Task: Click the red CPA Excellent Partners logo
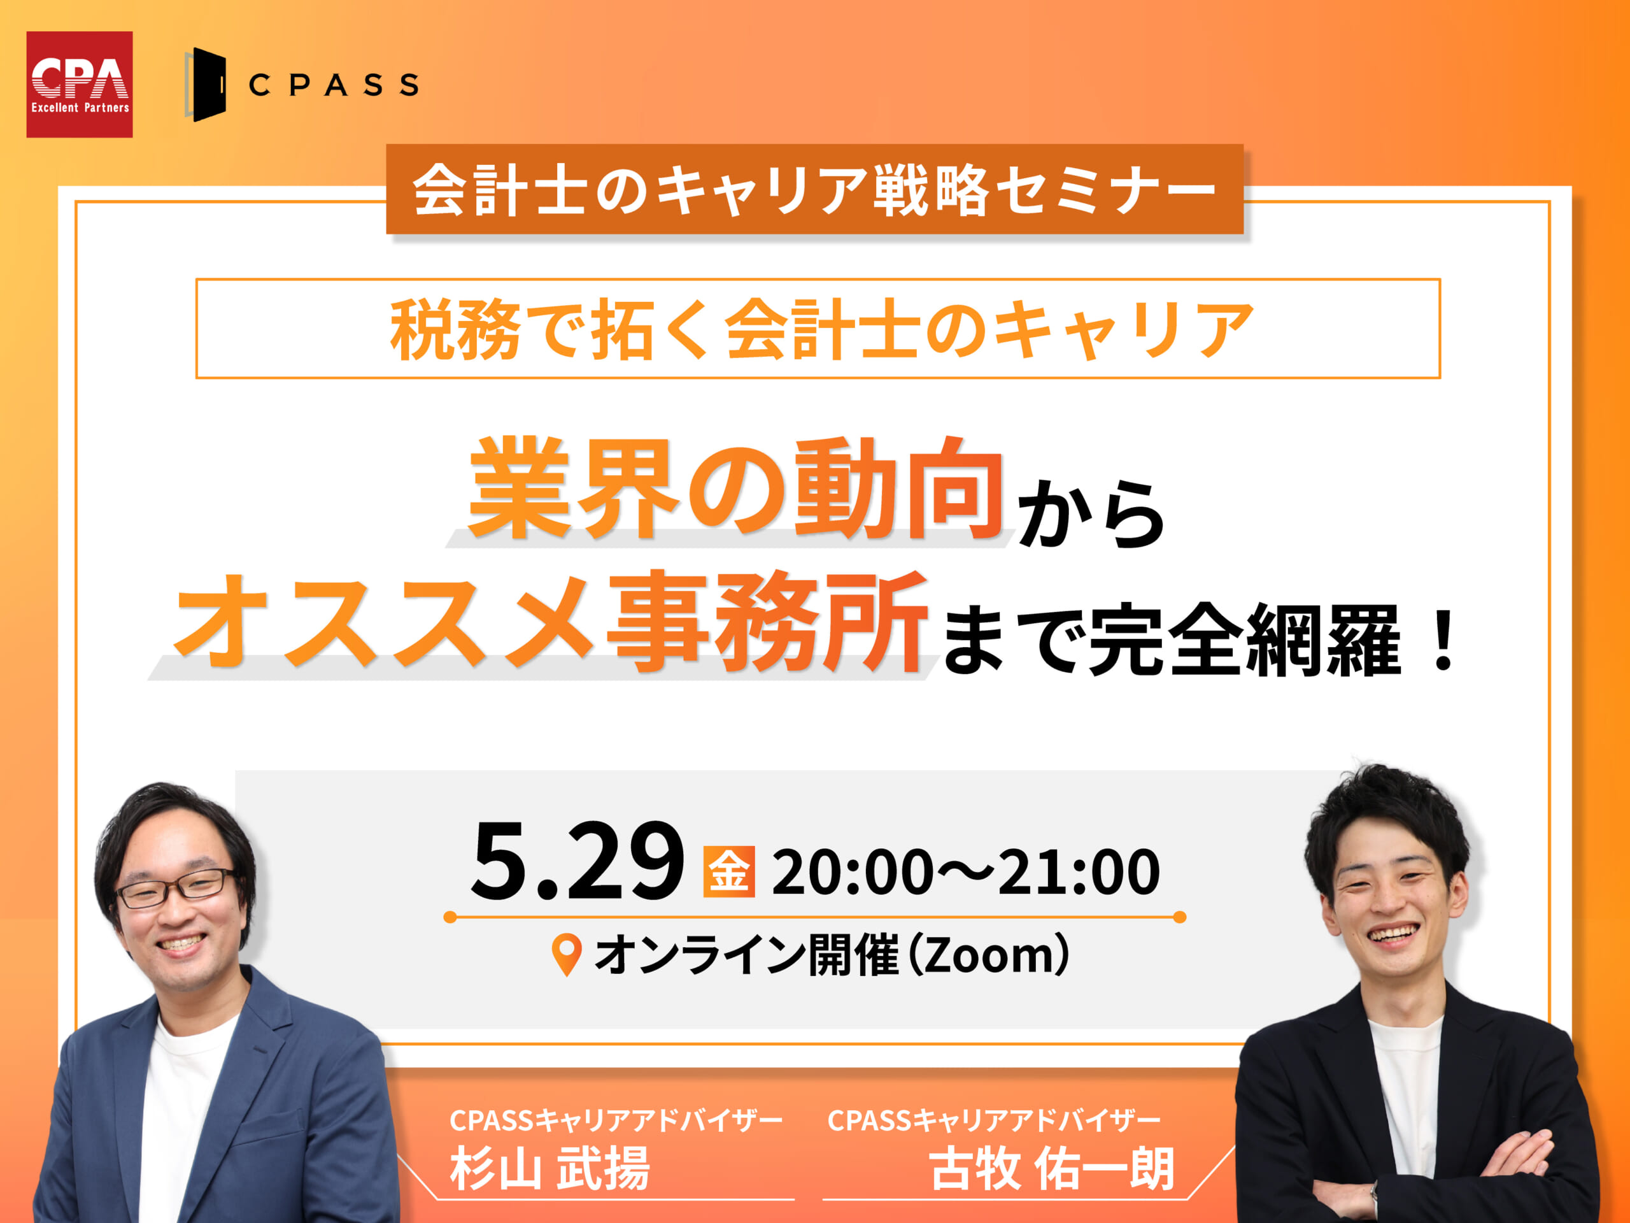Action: pos(80,84)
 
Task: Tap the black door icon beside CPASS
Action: pos(205,84)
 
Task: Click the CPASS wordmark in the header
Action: pos(334,85)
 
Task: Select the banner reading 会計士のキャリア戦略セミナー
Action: pos(814,189)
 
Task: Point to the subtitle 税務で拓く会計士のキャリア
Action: pos(821,329)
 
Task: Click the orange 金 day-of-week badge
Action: pos(729,871)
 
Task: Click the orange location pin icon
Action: pos(567,955)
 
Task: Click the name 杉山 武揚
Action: pos(549,1168)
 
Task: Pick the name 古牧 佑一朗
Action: pos(1052,1168)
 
